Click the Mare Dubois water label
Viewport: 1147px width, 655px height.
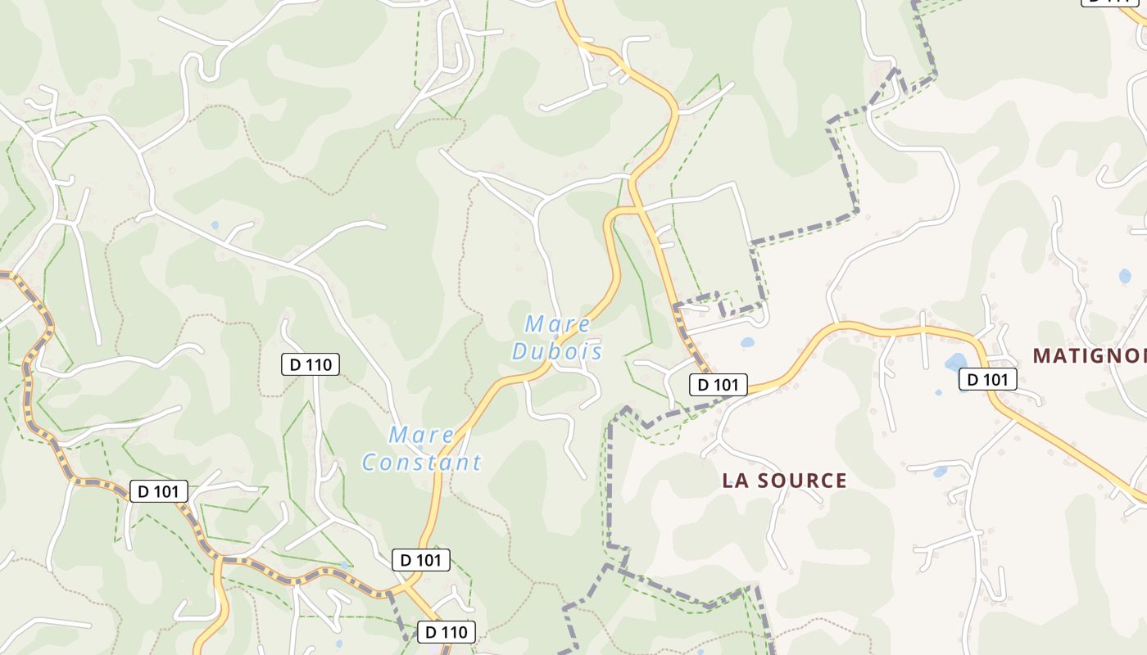(557, 338)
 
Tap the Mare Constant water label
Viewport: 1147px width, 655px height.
(421, 449)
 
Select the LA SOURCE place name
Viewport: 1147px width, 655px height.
(784, 481)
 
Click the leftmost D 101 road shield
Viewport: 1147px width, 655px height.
(159, 491)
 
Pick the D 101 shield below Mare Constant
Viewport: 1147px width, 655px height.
(421, 560)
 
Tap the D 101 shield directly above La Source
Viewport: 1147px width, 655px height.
(719, 384)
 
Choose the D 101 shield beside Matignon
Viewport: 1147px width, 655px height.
(988, 379)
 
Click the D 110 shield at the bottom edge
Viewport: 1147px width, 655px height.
(447, 632)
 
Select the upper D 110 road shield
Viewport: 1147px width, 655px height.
(311, 364)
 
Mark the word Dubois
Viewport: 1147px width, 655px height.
(557, 352)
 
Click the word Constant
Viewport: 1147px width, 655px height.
(421, 463)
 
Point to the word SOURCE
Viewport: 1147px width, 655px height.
(802, 481)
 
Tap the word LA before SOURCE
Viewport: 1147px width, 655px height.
(734, 481)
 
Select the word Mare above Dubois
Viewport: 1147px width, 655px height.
(558, 324)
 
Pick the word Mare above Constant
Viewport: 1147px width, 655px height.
(421, 435)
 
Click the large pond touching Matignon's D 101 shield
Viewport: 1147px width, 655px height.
(955, 362)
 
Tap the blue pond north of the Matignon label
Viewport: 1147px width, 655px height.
(1125, 276)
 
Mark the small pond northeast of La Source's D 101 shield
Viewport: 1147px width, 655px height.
(747, 343)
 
